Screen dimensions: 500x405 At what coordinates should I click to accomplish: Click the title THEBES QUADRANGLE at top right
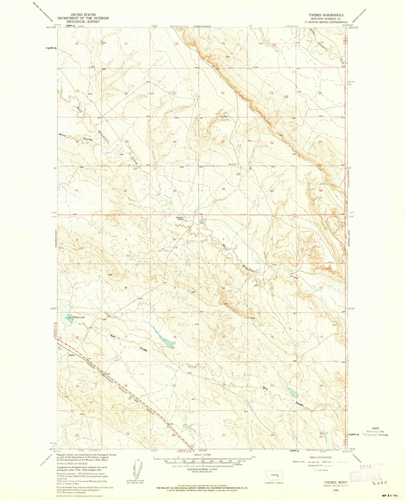pos(325,15)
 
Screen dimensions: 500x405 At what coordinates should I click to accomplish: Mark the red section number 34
pos(223,189)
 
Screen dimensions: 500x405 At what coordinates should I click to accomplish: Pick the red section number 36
pos(321,191)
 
